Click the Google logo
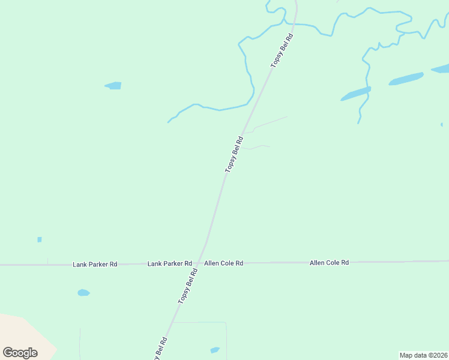[20, 353]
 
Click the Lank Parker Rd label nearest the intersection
[170, 263]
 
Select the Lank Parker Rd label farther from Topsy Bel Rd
[95, 264]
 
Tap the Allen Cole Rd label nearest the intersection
[224, 263]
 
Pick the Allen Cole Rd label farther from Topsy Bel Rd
[329, 263]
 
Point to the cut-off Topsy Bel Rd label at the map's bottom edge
[160, 350]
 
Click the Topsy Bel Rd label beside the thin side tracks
[234, 155]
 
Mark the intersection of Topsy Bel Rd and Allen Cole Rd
[200, 263]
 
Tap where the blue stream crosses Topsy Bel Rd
[294, 25]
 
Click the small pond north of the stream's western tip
[113, 86]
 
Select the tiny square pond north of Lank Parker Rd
[40, 239]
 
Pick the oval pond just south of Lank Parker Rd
[83, 293]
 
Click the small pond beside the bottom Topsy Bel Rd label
[214, 350]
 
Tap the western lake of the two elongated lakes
[355, 94]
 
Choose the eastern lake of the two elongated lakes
[406, 79]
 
